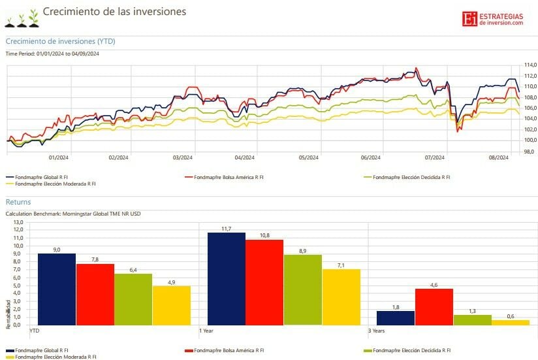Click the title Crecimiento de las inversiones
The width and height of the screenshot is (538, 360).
point(114,11)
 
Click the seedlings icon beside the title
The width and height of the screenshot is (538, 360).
point(22,19)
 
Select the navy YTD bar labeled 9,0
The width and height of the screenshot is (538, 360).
point(56,289)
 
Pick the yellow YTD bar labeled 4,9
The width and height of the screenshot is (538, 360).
point(171,304)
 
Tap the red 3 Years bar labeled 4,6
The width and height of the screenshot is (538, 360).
point(434,306)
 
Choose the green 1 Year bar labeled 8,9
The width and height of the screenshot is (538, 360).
point(303,289)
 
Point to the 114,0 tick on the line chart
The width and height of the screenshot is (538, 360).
point(530,65)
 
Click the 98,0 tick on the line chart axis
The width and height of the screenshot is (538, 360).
point(530,151)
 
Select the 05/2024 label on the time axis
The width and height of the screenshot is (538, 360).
point(308,157)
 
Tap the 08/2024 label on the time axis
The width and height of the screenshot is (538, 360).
point(499,157)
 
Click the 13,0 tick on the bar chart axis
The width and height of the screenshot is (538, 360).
point(18,221)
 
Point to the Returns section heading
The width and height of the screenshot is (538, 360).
point(18,202)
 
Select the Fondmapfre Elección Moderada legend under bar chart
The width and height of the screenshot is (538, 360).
point(55,357)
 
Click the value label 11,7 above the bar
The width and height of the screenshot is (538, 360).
point(226,229)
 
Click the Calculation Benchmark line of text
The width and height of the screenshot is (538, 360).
point(73,214)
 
